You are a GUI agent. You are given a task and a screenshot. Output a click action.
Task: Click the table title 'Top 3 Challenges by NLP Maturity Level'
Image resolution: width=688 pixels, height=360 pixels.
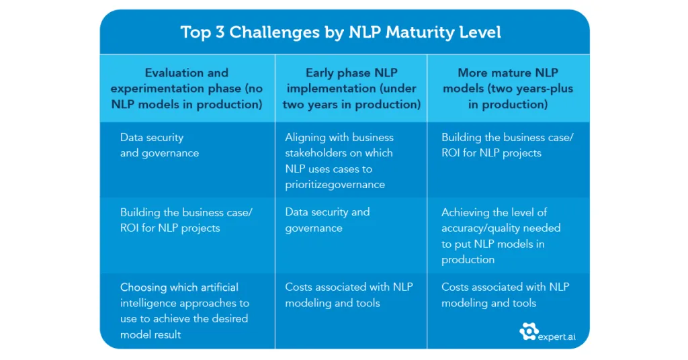[x=341, y=32]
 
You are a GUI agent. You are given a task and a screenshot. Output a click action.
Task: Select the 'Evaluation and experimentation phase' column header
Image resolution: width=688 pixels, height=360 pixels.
[x=187, y=88]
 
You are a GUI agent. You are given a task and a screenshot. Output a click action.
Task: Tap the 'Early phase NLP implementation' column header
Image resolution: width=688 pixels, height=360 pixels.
[x=351, y=88]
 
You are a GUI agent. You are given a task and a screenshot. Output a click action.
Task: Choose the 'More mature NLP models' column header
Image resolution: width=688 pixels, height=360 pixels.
[x=508, y=88]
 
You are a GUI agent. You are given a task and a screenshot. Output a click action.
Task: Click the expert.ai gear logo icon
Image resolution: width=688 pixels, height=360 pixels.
[x=529, y=332]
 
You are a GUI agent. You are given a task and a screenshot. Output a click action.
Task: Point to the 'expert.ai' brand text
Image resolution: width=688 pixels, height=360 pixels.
[x=556, y=336]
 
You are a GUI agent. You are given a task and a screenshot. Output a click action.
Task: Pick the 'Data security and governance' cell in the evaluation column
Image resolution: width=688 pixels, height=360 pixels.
[x=159, y=145]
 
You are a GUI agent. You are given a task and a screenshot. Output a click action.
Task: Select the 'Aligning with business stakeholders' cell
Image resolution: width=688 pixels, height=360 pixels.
[x=339, y=161]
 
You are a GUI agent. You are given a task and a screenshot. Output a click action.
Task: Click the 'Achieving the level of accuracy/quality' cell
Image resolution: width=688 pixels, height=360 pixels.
[x=501, y=236]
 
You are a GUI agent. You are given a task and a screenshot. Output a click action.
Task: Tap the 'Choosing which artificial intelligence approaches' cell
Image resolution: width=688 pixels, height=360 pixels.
[x=184, y=311]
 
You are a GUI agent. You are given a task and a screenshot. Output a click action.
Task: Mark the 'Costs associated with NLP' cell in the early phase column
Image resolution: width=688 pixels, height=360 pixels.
[x=349, y=295]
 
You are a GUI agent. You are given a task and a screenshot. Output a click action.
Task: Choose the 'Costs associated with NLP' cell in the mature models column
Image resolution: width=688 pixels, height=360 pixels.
[x=505, y=295]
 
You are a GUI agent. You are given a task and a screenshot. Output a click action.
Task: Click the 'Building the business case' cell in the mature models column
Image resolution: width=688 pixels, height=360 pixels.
[x=507, y=145]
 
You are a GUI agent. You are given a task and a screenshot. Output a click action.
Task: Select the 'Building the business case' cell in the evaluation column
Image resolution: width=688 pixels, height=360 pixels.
[x=186, y=220]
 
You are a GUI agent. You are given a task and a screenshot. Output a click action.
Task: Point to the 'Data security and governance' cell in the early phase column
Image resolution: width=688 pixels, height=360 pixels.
[x=327, y=220]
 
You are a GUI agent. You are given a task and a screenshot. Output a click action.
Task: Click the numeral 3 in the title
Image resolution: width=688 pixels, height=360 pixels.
[x=220, y=32]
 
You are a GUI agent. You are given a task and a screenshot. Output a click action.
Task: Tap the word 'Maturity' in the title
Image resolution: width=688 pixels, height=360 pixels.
[x=418, y=33]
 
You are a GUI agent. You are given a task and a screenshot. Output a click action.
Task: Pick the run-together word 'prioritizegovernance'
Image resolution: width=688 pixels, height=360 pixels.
[x=335, y=185]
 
